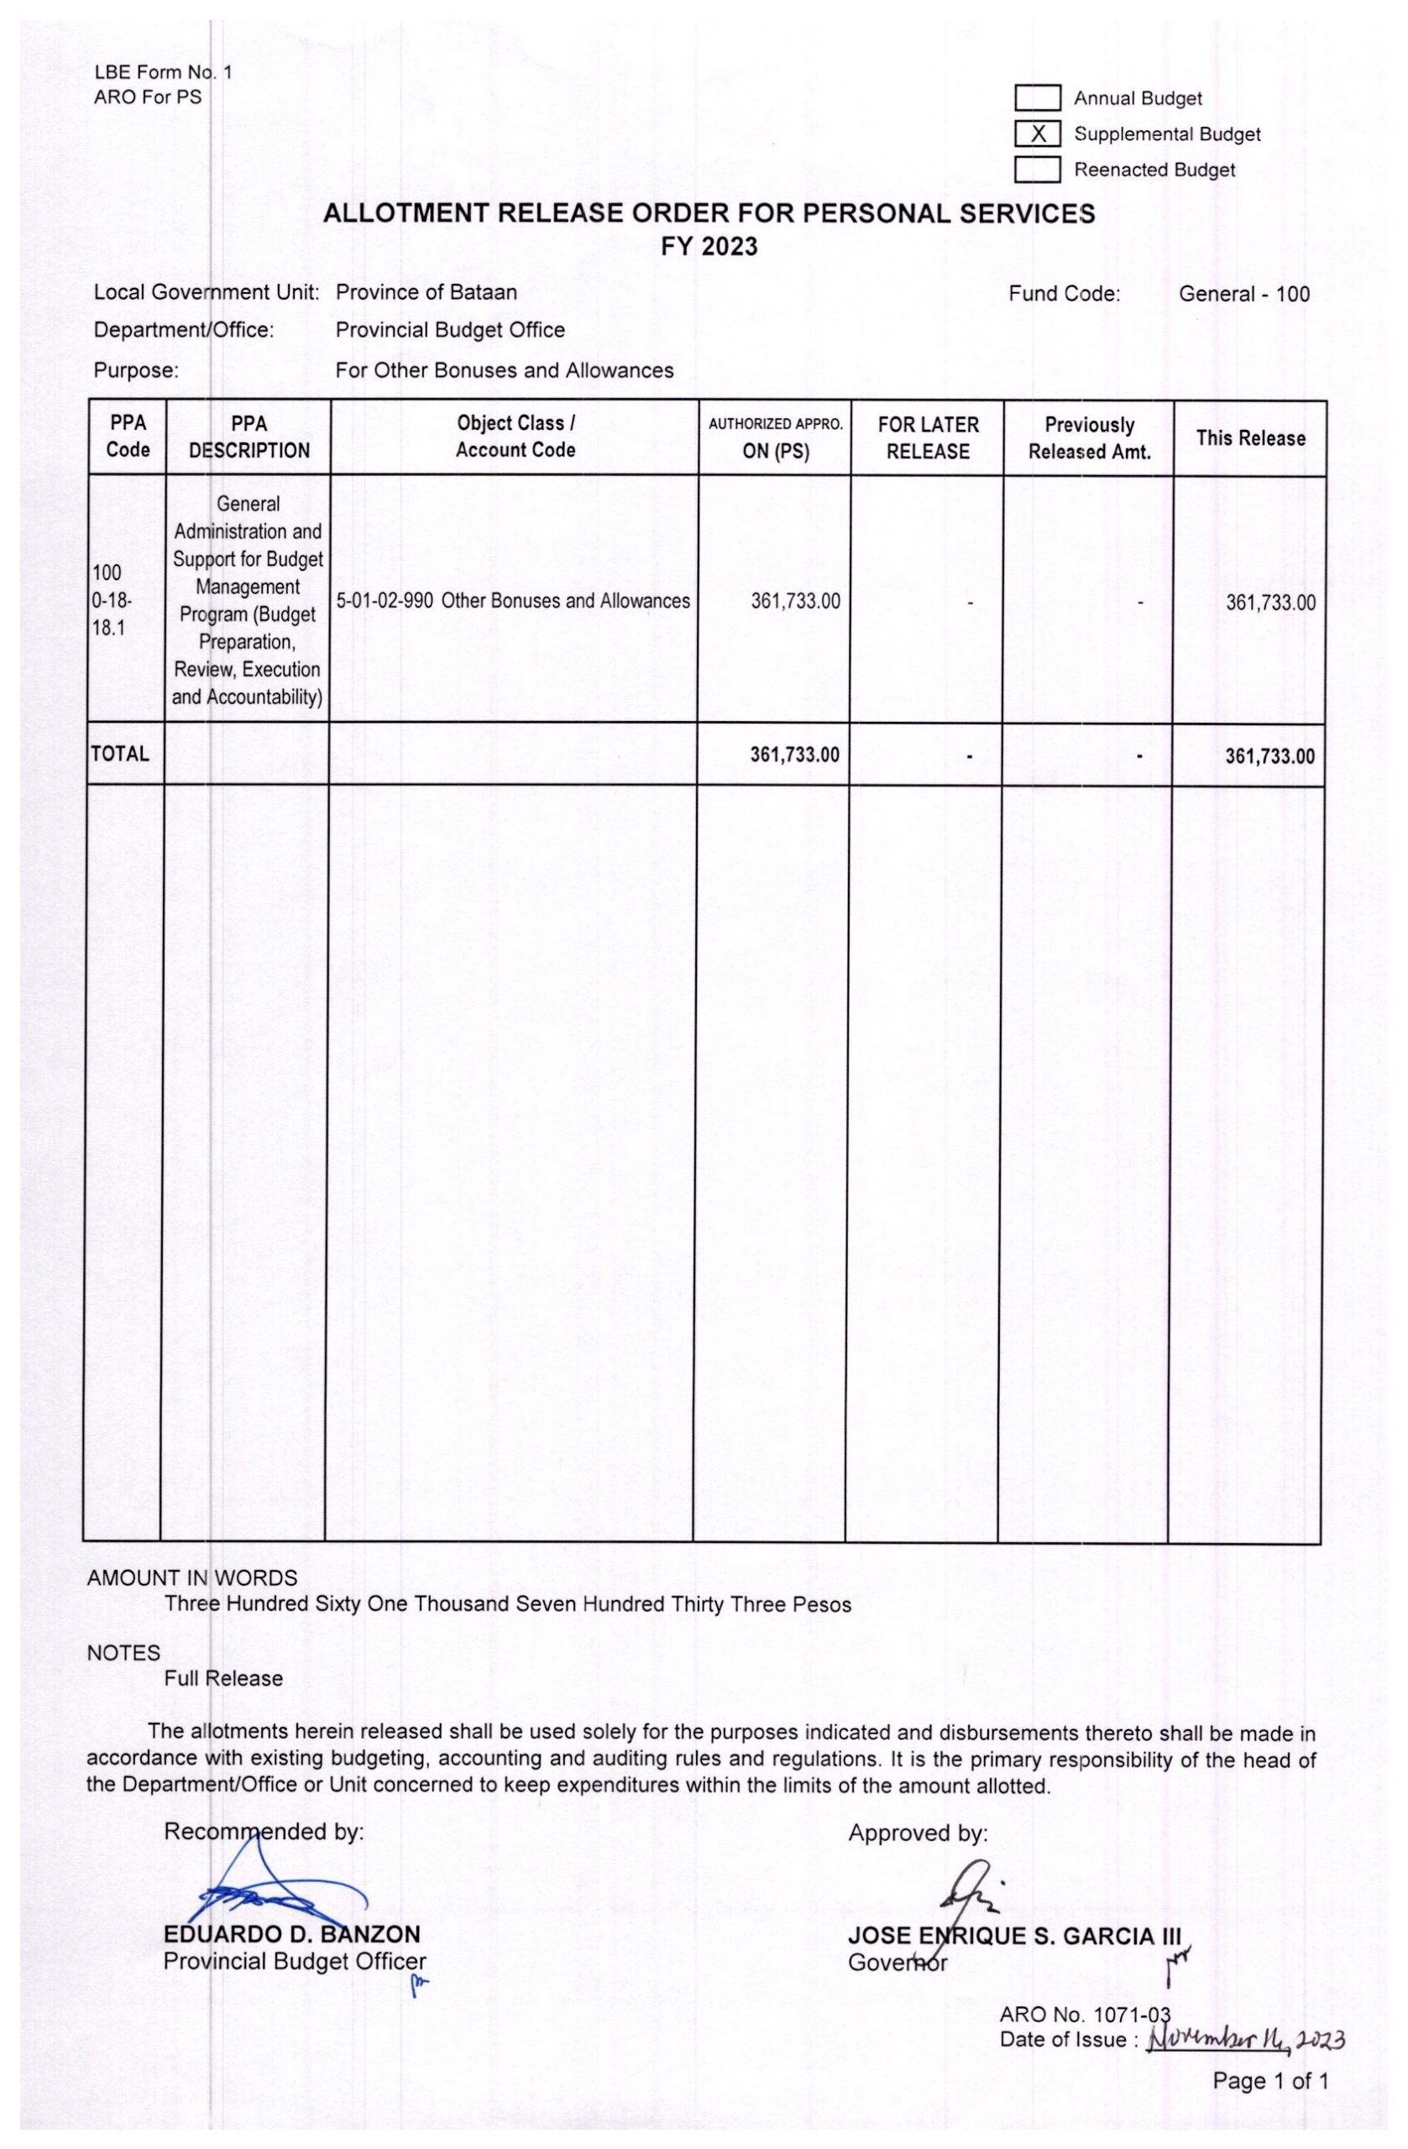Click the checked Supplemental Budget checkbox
(1036, 134)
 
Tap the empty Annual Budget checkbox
(1036, 98)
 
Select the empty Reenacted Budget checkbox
(1036, 170)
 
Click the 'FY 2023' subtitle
(708, 247)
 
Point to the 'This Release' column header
(1250, 438)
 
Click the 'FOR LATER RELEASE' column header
(928, 438)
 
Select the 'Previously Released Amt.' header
(1088, 438)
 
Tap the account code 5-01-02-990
(384, 601)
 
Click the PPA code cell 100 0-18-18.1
(112, 600)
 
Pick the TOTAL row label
(119, 754)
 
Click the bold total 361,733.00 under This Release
(1269, 756)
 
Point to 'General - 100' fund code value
(1243, 294)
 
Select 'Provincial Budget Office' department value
(450, 331)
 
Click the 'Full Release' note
(223, 1679)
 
